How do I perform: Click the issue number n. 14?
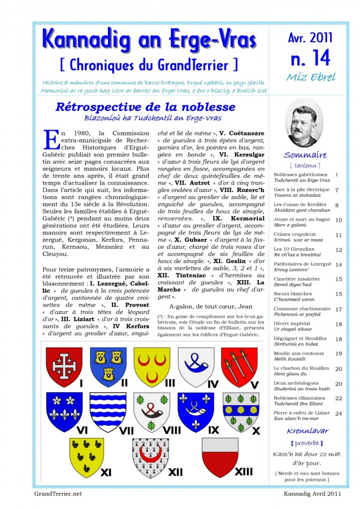click(x=310, y=58)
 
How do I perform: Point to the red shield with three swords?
click(x=239, y=366)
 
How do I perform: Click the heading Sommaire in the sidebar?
click(x=305, y=155)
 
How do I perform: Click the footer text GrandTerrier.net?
click(x=58, y=494)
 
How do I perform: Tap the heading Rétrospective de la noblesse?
click(x=145, y=107)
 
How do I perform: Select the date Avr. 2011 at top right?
click(x=310, y=37)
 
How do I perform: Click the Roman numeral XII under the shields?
click(x=176, y=471)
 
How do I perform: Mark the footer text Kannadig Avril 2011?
click(x=312, y=494)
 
